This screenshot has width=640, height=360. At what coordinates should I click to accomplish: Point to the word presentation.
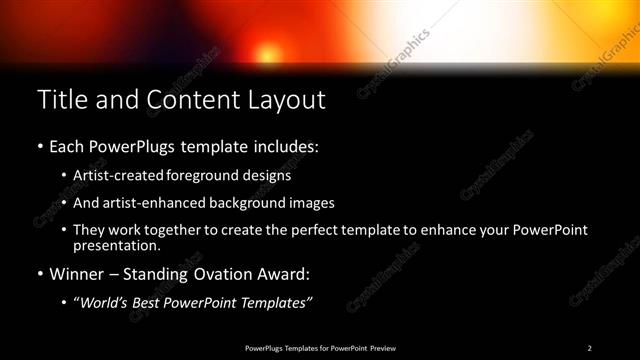(116, 245)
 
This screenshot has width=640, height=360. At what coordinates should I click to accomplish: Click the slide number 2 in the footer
(590, 348)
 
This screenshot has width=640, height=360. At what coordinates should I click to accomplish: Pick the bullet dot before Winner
(40, 273)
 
